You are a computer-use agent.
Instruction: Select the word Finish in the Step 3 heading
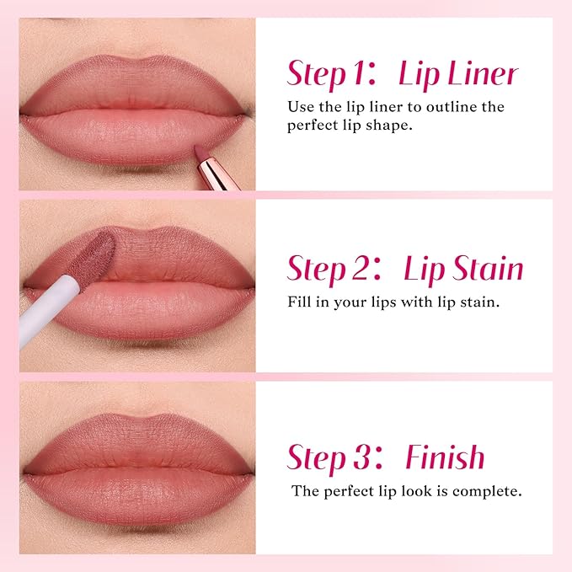(x=445, y=457)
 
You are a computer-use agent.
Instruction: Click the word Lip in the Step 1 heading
(x=417, y=75)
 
